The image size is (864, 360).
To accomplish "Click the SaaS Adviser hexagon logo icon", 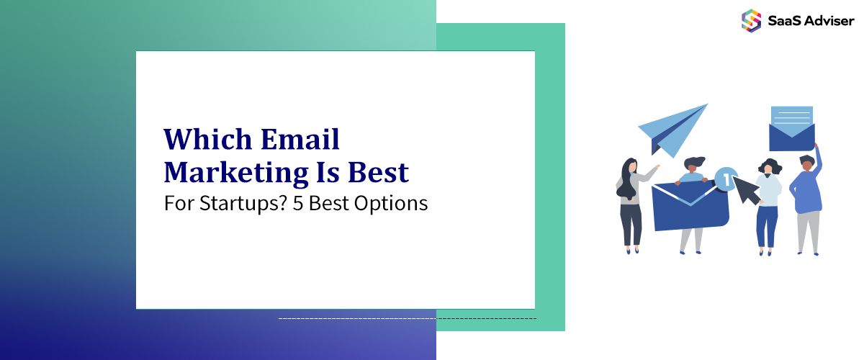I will coord(751,20).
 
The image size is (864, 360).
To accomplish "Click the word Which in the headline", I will coord(201,139).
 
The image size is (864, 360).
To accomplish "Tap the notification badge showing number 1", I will coord(726,177).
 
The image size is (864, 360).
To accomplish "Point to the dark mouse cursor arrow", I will coord(744,190).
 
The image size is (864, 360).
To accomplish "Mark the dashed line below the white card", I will coord(407,318).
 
